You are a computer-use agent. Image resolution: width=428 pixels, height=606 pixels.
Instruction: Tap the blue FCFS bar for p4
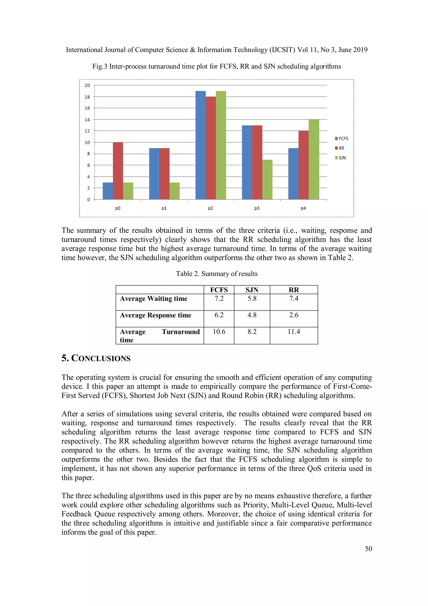(293, 174)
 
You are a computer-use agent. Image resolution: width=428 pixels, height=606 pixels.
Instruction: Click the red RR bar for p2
(211, 148)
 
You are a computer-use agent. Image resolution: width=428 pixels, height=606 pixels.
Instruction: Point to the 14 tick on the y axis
(87, 120)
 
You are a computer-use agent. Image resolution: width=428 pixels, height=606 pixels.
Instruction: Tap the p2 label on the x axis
(210, 208)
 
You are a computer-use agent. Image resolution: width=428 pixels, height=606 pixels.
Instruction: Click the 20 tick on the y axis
(87, 85)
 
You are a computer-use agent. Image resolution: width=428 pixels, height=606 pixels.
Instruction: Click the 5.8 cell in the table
(252, 299)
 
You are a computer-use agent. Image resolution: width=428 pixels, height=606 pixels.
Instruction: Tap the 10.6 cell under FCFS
(219, 332)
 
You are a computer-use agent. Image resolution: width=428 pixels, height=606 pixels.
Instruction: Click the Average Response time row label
(155, 315)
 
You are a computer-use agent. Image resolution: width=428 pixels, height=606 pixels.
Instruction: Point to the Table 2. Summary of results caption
(217, 274)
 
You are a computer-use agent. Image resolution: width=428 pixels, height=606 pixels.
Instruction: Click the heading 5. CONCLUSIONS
(96, 358)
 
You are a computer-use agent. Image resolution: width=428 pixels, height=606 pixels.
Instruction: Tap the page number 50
(368, 549)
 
